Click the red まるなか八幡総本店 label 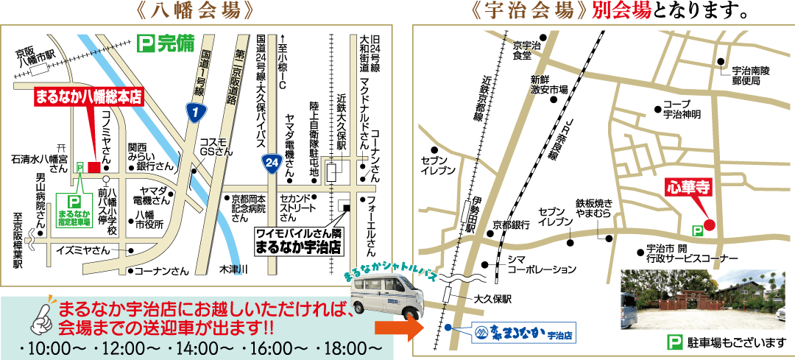point(88,96)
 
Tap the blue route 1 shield point(194,113)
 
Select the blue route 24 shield point(272,161)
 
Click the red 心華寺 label point(687,187)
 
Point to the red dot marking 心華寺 point(710,225)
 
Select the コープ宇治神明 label point(681,109)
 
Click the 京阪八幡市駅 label point(35,58)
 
